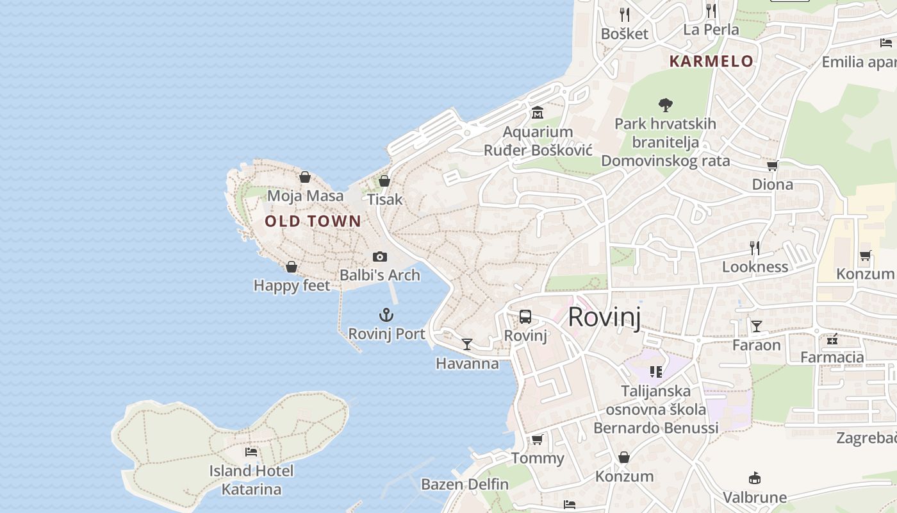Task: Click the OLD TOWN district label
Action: pos(313,222)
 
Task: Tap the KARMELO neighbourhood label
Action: pos(711,62)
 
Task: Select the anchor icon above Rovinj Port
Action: pos(386,315)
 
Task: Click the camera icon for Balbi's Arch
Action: pos(380,256)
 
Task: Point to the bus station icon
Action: pos(525,316)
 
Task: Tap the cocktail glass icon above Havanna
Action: pos(467,344)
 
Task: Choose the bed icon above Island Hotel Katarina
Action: pos(251,452)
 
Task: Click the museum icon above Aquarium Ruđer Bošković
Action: pos(538,113)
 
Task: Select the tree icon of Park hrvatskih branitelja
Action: pos(666,105)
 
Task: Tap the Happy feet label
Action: pos(292,285)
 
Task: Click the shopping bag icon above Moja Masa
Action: pos(305,177)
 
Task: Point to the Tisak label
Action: pos(385,199)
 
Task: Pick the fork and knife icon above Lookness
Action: pos(755,248)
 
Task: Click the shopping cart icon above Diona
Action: pos(772,166)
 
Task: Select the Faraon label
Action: pos(757,345)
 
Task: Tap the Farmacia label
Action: pos(832,357)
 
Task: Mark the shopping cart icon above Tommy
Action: pos(538,439)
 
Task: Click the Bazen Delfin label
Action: pos(465,484)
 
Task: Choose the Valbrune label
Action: pos(755,497)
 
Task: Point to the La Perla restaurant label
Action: pos(711,29)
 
